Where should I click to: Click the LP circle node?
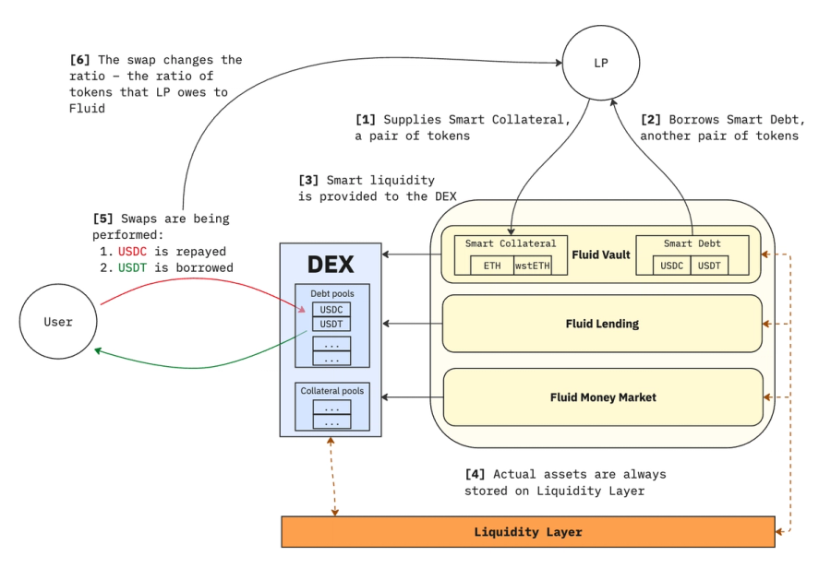tap(600, 64)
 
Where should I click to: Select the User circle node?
tap(58, 322)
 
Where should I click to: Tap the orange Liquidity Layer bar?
tap(527, 532)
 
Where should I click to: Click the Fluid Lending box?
tap(602, 324)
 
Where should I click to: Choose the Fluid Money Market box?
tap(602, 397)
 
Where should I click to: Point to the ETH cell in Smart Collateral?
tap(492, 266)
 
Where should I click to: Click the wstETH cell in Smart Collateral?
tap(532, 266)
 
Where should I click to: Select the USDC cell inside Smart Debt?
tap(672, 266)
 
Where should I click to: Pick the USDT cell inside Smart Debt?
tap(709, 266)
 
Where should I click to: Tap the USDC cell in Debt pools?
tap(331, 310)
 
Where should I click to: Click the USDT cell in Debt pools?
tap(331, 324)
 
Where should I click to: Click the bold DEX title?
tap(331, 265)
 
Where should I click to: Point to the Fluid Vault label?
tap(602, 254)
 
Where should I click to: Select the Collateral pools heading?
tap(331, 391)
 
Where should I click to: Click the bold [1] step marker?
tap(366, 120)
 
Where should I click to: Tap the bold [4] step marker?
tap(475, 474)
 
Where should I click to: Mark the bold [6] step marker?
tap(79, 60)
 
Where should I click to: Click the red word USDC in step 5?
tap(133, 251)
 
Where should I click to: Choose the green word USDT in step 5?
tap(133, 267)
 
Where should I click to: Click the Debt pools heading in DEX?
tap(331, 293)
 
